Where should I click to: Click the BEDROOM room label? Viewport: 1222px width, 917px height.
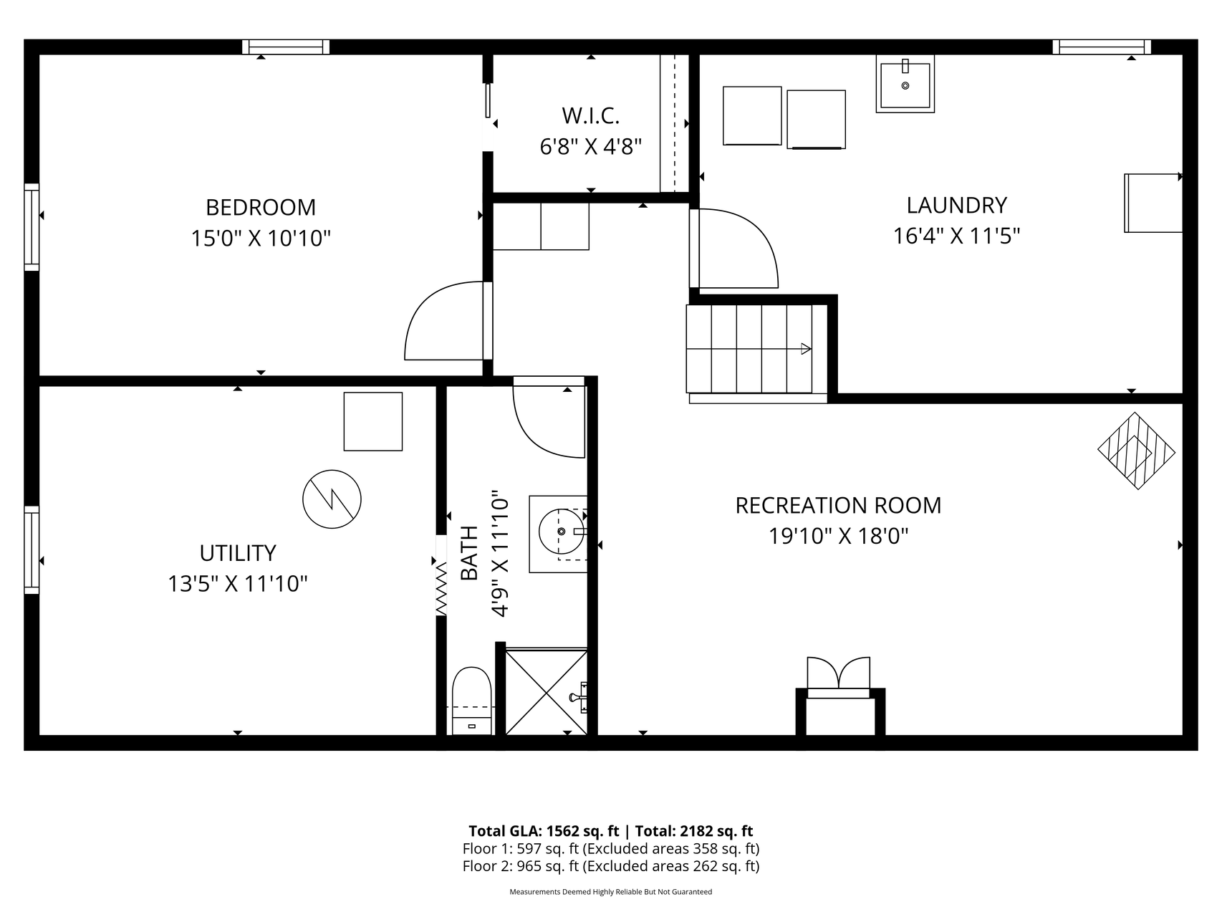(x=261, y=207)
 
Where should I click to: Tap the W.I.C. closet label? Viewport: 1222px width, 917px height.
(x=590, y=115)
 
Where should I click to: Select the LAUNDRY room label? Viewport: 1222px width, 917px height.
(x=956, y=205)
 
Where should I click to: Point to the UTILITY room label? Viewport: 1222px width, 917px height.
(x=238, y=553)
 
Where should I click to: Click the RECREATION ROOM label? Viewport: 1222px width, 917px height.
(x=838, y=505)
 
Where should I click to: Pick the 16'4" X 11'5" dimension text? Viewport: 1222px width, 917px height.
(x=956, y=236)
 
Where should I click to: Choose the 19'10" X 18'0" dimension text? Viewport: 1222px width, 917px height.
(x=839, y=536)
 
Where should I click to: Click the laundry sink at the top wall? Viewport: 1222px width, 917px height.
(x=905, y=84)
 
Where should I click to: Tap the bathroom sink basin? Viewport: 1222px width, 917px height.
(x=561, y=532)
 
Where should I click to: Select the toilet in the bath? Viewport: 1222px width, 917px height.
(x=472, y=700)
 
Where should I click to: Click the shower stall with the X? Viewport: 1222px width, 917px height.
(x=547, y=691)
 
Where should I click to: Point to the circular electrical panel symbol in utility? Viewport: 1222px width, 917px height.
(x=332, y=499)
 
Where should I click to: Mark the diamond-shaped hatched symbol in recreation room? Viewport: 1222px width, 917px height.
(x=1137, y=451)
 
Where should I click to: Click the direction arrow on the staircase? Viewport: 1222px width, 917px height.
(x=806, y=349)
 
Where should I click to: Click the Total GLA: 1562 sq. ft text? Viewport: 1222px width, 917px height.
(x=544, y=831)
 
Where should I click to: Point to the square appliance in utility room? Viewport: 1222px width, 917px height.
(x=373, y=421)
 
